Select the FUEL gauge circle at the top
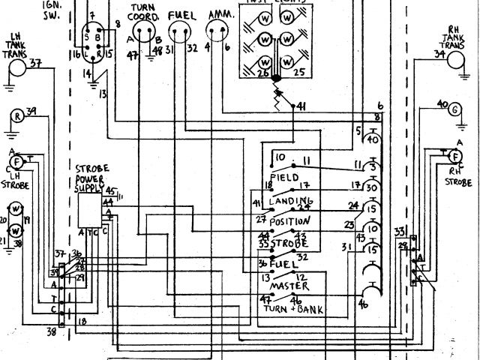181,32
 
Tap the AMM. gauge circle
217,32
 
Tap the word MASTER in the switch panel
288,286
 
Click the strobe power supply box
91,208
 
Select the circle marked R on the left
16,115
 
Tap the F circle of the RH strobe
454,156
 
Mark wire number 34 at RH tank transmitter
439,53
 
